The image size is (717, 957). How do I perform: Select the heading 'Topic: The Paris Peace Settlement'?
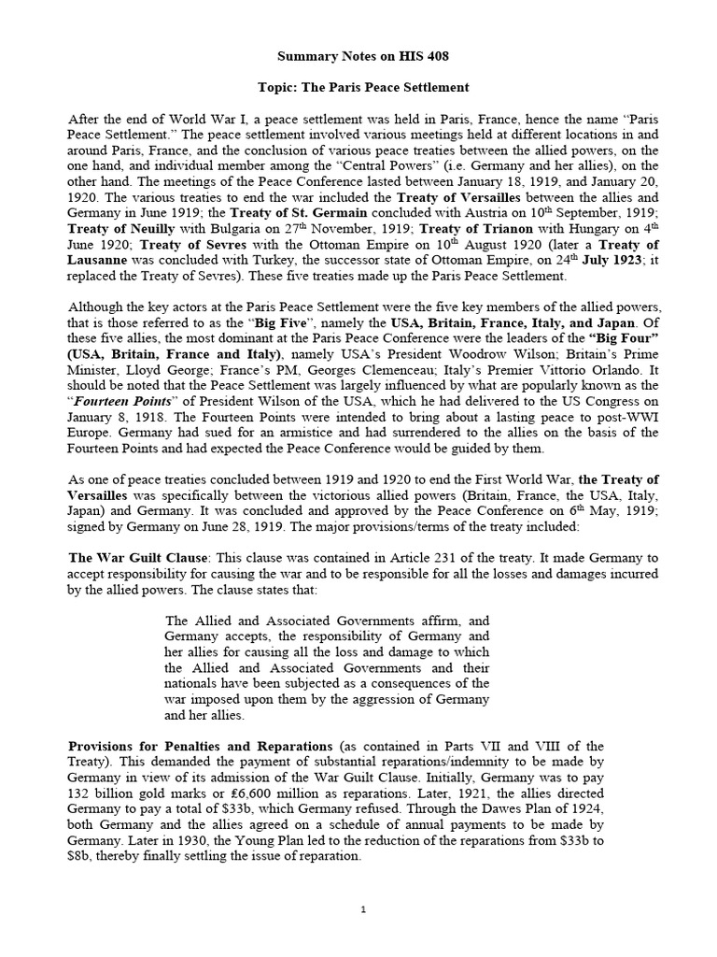click(363, 88)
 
